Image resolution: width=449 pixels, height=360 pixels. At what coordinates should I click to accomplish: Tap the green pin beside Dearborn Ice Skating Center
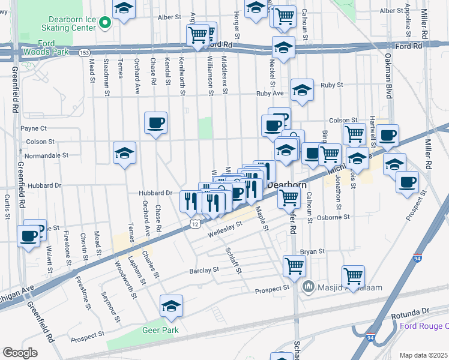point(106,23)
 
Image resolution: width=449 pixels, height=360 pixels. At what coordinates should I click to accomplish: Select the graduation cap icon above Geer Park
point(171,306)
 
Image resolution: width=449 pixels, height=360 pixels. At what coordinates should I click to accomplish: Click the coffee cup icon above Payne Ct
point(156,123)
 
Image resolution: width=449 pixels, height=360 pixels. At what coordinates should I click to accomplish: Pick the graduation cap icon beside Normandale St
point(124,153)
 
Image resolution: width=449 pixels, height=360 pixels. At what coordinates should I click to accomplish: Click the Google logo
point(20,353)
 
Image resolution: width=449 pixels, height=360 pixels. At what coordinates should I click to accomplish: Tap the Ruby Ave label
point(270,94)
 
